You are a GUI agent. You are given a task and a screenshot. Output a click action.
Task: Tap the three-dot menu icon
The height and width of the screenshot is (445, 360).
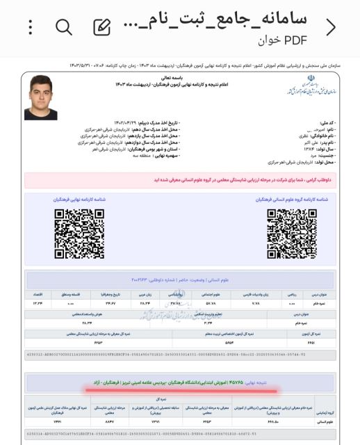[30, 26]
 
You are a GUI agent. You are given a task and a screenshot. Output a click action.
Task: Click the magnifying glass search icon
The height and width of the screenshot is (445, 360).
[64, 27]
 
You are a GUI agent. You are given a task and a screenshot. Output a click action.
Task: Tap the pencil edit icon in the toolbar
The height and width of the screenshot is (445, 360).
[102, 27]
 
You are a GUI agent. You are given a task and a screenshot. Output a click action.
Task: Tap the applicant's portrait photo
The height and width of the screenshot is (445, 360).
[40, 98]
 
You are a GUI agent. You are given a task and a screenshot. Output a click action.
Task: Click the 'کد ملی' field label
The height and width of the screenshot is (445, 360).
[322, 122]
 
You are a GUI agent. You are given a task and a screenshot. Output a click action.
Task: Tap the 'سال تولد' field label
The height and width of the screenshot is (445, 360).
[320, 148]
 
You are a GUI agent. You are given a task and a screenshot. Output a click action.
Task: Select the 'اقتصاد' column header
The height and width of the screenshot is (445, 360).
[35, 295]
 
